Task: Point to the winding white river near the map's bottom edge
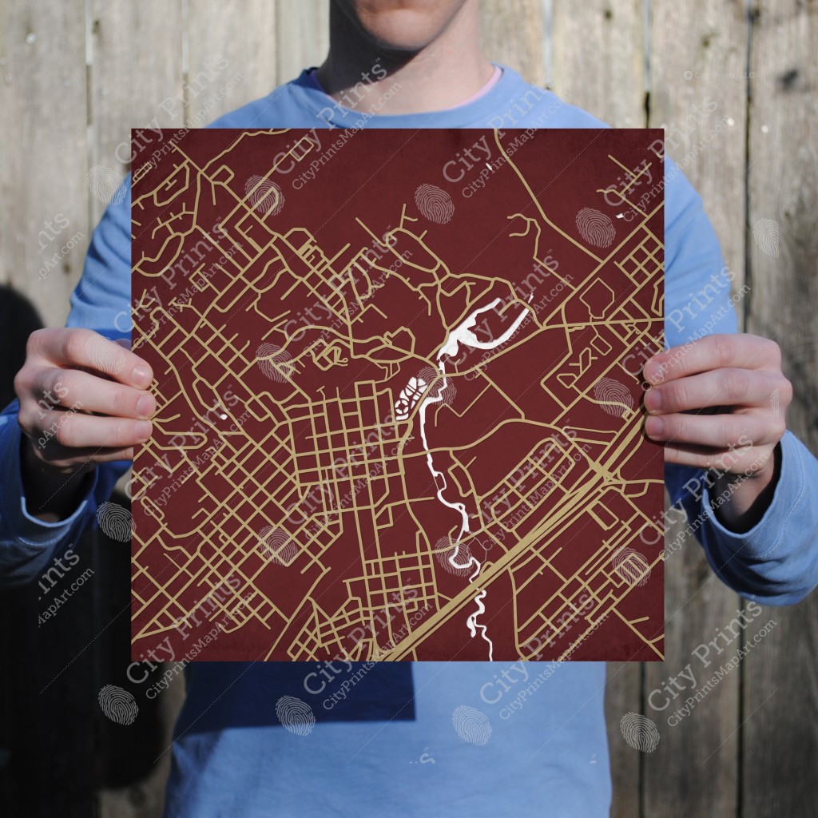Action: click(x=479, y=615)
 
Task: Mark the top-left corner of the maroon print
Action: click(x=133, y=129)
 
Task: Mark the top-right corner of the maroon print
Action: click(x=663, y=129)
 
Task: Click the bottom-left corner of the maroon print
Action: click(x=133, y=661)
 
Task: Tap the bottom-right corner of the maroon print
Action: click(x=663, y=661)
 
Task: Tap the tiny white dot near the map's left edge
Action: click(x=223, y=416)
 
